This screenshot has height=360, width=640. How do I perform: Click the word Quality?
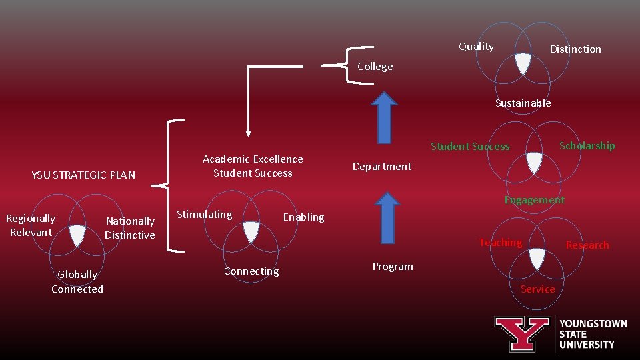click(476, 47)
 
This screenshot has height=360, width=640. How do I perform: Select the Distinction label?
click(575, 49)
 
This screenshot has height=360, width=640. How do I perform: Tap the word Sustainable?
click(523, 103)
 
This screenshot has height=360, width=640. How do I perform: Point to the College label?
click(375, 67)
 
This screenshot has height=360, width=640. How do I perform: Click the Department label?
click(382, 167)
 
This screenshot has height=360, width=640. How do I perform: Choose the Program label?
click(393, 267)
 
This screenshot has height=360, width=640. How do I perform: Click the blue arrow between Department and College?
click(384, 117)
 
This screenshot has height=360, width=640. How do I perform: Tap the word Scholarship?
click(587, 146)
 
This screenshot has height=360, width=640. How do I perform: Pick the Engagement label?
click(534, 200)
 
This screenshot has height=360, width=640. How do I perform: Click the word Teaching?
click(500, 243)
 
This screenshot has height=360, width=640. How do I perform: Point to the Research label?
click(587, 245)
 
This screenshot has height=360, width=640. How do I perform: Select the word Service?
click(537, 289)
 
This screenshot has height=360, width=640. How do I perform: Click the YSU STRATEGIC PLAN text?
click(83, 175)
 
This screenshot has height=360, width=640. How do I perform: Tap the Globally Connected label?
click(77, 281)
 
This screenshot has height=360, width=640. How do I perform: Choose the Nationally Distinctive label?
click(130, 228)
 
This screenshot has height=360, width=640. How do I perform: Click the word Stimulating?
click(205, 215)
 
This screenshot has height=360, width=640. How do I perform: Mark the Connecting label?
click(251, 271)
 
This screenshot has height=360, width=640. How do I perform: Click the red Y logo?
click(521, 333)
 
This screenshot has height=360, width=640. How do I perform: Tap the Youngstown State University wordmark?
click(593, 334)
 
